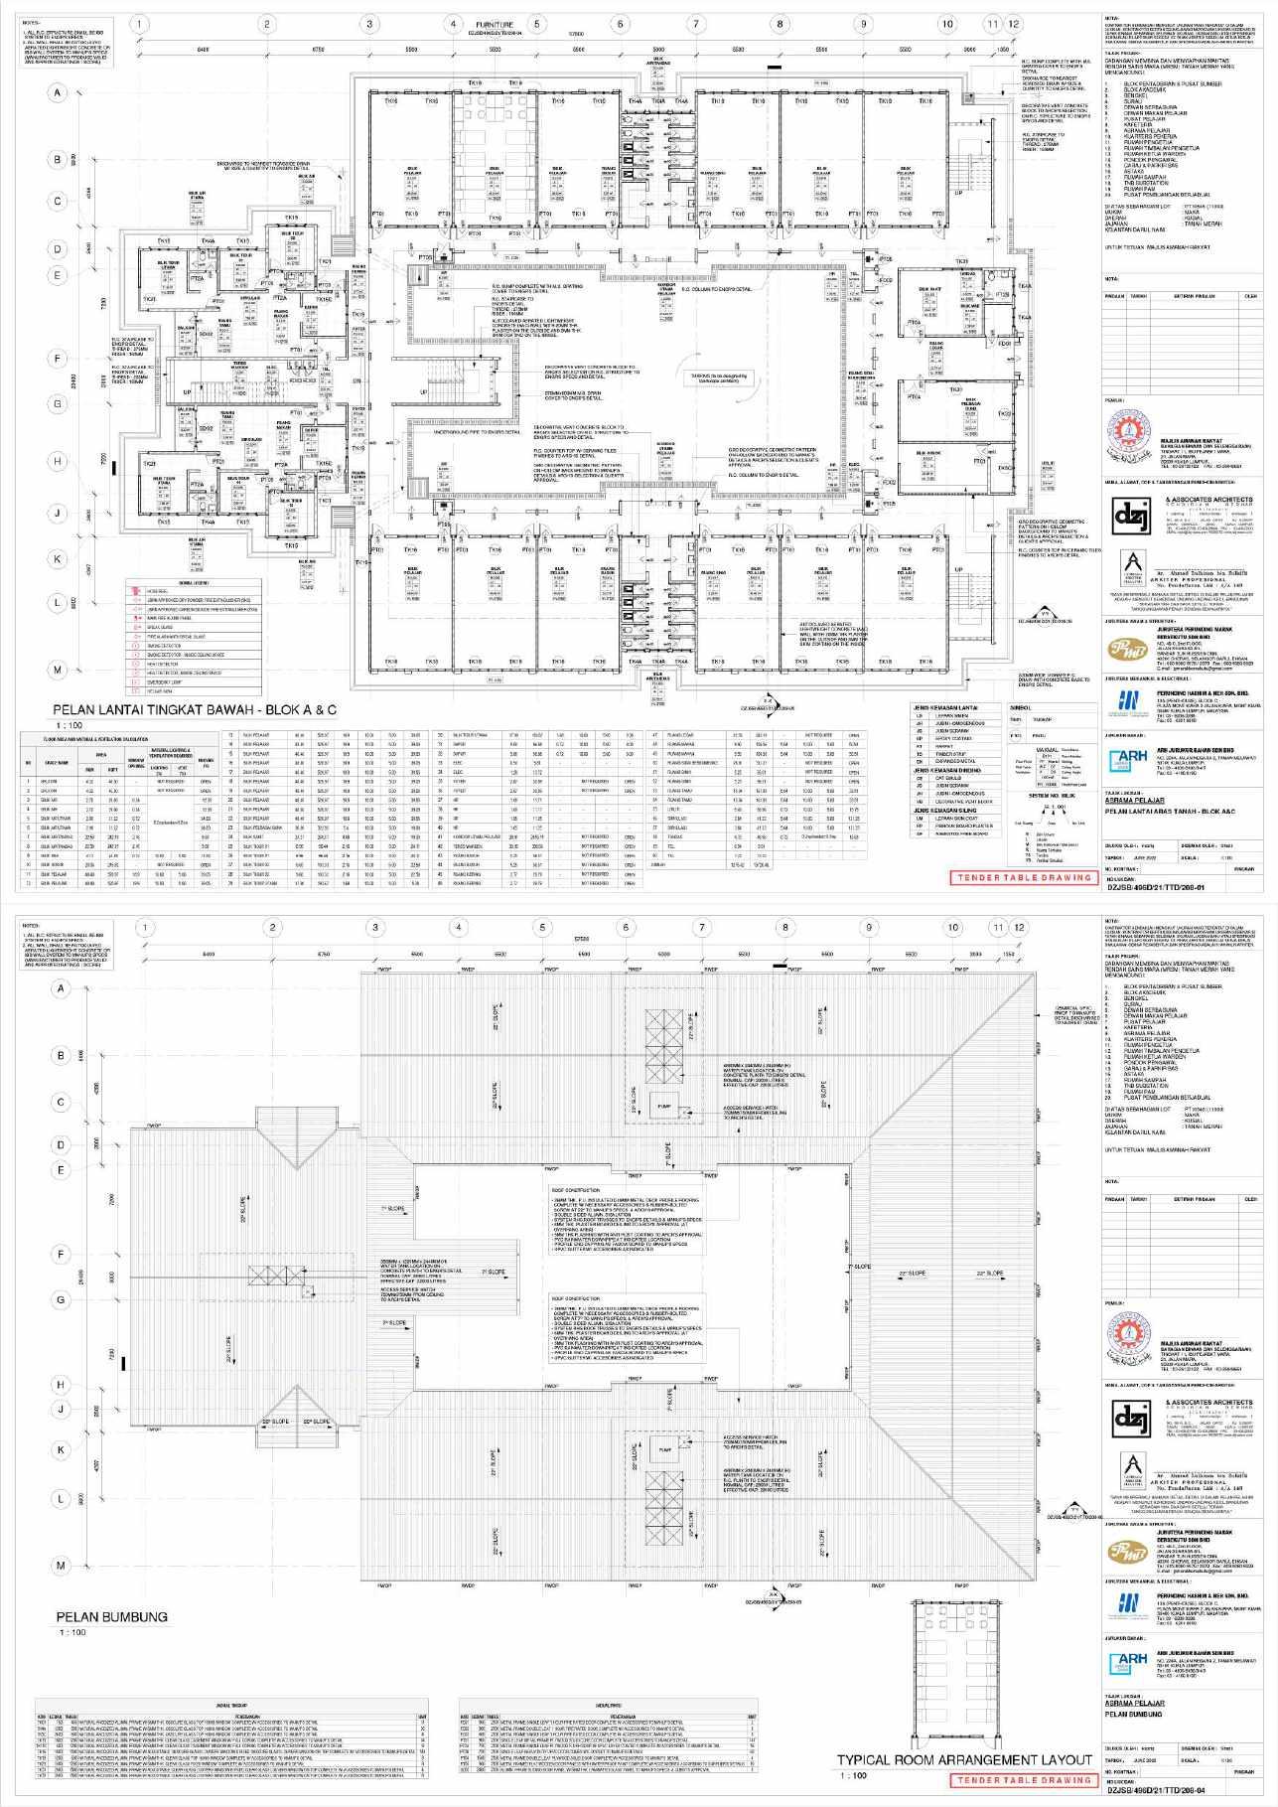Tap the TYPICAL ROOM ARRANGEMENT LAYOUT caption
(964, 1759)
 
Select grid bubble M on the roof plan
(60, 1566)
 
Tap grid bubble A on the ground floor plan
(60, 93)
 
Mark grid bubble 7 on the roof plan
(702, 928)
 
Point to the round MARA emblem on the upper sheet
(1129, 434)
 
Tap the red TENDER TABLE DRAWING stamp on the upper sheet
(1024, 877)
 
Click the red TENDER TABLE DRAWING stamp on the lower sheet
(1024, 1780)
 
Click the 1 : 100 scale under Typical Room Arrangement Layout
(851, 1775)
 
